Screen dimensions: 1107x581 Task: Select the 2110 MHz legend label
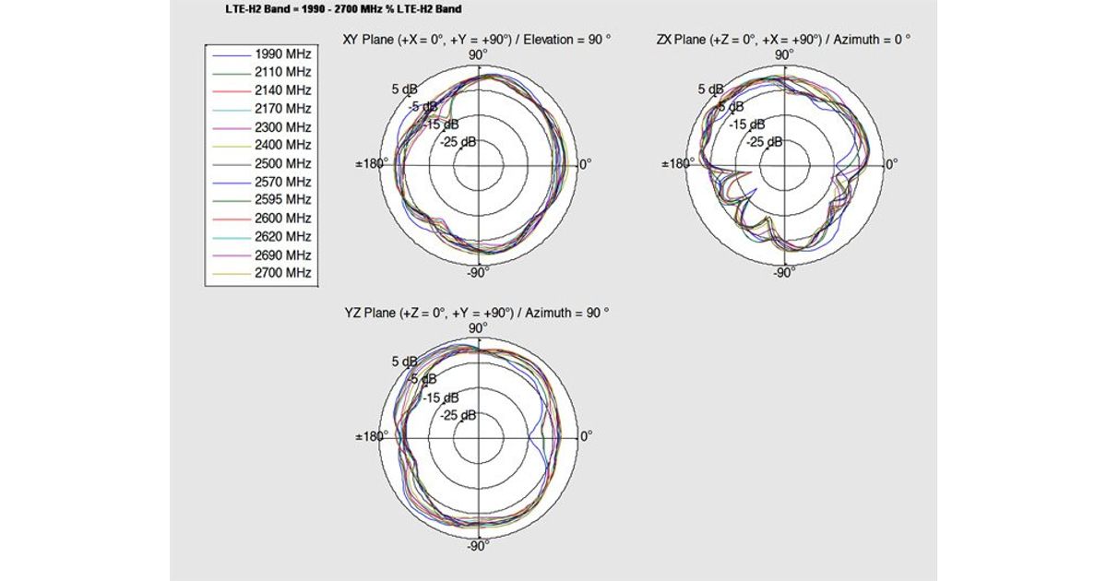click(x=282, y=72)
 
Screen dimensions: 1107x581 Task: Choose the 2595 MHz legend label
click(x=282, y=199)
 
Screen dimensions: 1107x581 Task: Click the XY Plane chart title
click(x=477, y=40)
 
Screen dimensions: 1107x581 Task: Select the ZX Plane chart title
click(x=784, y=40)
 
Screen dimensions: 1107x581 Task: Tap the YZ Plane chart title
click(x=477, y=313)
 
